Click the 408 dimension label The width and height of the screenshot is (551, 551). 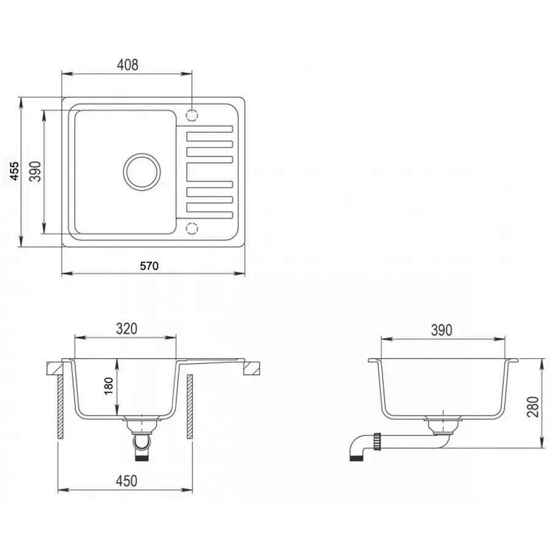pos(127,65)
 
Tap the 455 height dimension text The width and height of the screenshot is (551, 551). pos(15,171)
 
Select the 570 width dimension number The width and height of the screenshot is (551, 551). pos(149,266)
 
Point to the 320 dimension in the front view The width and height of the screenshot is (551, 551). pos(127,329)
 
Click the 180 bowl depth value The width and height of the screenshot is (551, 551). pos(109,386)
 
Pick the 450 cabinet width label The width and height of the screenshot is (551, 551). pos(127,481)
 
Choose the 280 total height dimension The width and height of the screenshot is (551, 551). pos(533,407)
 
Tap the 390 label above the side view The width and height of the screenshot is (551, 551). pos(441,330)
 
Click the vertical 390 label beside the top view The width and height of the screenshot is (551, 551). pos(35,171)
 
